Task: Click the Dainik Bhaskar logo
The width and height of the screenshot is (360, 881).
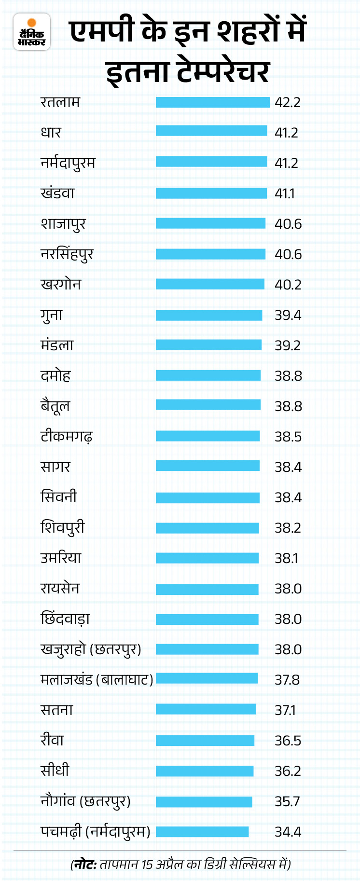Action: click(32, 32)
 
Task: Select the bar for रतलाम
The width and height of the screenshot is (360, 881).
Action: click(212, 102)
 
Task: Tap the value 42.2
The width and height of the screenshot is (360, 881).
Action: click(288, 102)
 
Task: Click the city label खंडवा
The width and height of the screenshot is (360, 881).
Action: click(57, 193)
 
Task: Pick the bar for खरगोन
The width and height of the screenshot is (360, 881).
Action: click(210, 284)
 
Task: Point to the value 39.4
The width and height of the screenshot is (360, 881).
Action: click(288, 315)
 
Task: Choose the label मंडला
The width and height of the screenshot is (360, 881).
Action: click(57, 345)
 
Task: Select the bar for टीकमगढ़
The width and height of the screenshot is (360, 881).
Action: click(208, 436)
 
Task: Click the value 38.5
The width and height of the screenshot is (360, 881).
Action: click(288, 437)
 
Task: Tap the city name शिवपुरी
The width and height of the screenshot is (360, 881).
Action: click(62, 527)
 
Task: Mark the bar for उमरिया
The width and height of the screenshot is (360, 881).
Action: click(207, 558)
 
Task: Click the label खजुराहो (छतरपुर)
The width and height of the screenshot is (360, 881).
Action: click(91, 649)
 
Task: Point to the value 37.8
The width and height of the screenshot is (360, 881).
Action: click(287, 680)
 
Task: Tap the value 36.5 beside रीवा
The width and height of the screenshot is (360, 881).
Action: click(288, 741)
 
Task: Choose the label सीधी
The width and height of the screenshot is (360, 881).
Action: click(55, 771)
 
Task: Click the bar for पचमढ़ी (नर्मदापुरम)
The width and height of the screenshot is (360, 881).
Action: click(202, 832)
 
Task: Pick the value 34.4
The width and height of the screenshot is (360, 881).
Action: click(288, 832)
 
